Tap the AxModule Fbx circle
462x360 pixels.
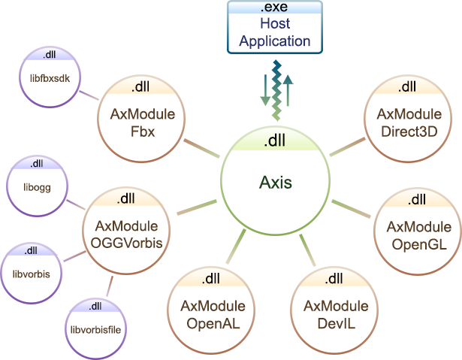click(x=142, y=120)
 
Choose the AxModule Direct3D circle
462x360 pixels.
click(x=409, y=120)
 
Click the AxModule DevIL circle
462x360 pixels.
click(x=335, y=312)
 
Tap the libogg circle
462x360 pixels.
click(x=37, y=184)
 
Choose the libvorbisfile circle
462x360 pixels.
click(x=95, y=328)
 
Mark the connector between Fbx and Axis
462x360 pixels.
click(x=201, y=147)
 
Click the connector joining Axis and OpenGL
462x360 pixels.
click(x=352, y=208)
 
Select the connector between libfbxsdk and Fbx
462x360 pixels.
click(x=89, y=95)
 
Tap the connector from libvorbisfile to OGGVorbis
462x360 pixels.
click(x=110, y=286)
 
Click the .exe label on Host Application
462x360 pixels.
click(x=275, y=8)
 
